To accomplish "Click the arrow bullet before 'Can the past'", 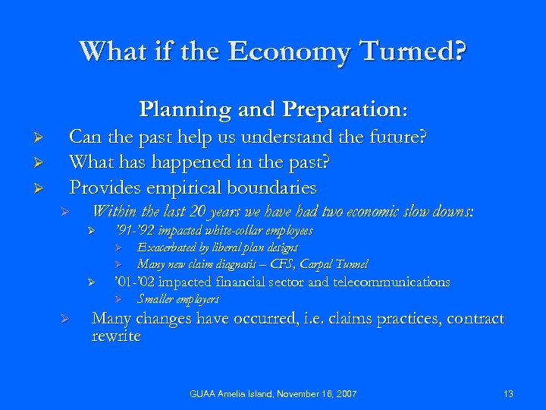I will (44, 139).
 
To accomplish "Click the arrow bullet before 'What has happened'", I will (44, 163).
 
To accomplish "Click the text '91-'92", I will (134, 230).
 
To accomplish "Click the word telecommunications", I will (390, 282).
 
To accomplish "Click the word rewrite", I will (116, 336).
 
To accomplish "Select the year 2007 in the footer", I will (344, 394).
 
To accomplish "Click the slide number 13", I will (508, 394).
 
